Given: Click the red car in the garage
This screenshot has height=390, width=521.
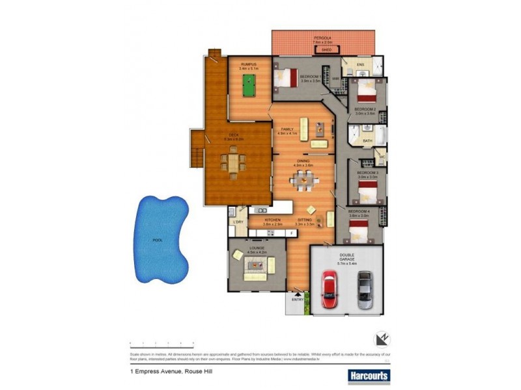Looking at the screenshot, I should [x=329, y=291].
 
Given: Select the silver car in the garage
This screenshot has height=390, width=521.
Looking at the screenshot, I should [x=365, y=291].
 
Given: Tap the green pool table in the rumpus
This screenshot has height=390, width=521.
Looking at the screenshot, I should [x=248, y=84].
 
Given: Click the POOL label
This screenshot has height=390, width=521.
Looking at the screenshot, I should [x=157, y=240].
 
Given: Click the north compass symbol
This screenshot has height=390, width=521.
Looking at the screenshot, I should [x=382, y=340].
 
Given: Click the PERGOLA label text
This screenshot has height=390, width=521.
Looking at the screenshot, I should [x=324, y=38].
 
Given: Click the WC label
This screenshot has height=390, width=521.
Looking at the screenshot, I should [x=382, y=156].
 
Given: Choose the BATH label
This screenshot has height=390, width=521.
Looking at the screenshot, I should [x=367, y=141].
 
